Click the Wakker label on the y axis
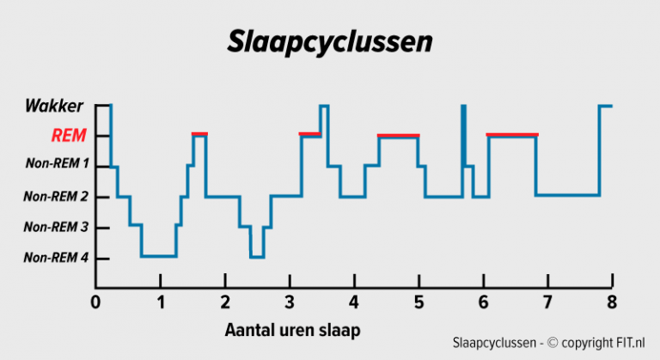[x=54, y=107]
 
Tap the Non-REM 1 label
[x=58, y=163]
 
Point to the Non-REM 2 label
[x=56, y=197]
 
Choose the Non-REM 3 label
[x=56, y=227]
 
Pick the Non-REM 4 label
[x=56, y=258]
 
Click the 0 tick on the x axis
[x=95, y=302]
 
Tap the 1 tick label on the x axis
[x=161, y=302]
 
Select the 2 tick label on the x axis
[x=225, y=302]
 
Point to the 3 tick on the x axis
[x=290, y=302]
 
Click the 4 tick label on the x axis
[x=354, y=302]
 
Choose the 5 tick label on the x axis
[x=419, y=302]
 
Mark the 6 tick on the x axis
[x=483, y=302]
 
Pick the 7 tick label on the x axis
[x=547, y=302]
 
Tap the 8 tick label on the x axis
[x=612, y=302]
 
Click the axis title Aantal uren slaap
[x=291, y=330]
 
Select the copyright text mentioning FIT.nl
[x=549, y=344]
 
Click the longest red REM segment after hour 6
[x=512, y=134]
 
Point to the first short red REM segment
[x=199, y=133]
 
